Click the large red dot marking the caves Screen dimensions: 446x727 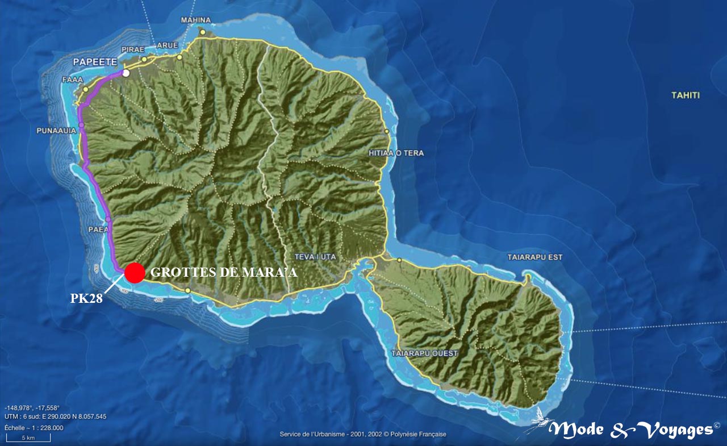pos(135,273)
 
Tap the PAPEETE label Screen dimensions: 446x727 pos(95,61)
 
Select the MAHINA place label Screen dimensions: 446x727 pos(195,20)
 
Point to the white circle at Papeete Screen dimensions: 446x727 pos(126,73)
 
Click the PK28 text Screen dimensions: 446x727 pos(86,298)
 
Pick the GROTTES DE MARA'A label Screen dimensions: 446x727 pos(224,273)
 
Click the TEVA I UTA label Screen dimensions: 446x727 pos(316,257)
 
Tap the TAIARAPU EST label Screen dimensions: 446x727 pos(534,257)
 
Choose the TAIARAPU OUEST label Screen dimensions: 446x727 pos(424,353)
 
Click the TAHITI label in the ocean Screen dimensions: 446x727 pos(686,95)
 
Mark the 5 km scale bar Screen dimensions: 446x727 pos(28,438)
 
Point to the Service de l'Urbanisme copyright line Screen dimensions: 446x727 pos(362,434)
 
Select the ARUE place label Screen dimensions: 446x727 pos(167,45)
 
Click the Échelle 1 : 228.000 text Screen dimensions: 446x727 pos(34,428)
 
